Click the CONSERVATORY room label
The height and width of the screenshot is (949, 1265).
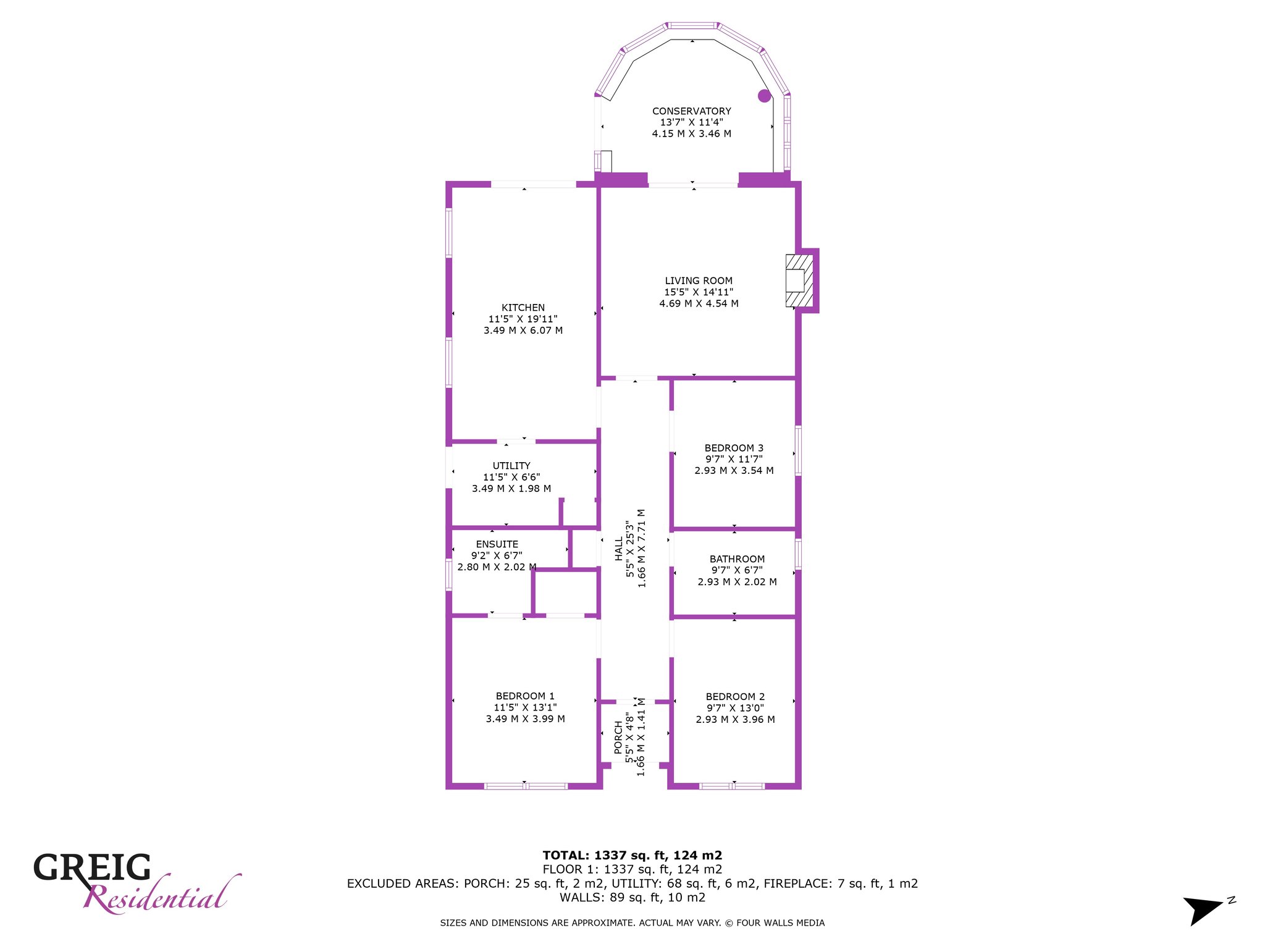click(x=692, y=111)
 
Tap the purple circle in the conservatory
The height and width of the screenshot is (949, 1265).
click(x=765, y=96)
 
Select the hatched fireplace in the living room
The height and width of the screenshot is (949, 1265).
click(x=799, y=280)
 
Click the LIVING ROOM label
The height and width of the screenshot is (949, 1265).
click(x=699, y=280)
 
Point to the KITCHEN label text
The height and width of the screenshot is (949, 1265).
click(x=523, y=308)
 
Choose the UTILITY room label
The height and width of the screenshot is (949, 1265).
click(x=511, y=466)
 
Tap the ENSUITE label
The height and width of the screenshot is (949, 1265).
click(x=497, y=544)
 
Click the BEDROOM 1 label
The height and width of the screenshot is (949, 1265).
click(x=525, y=696)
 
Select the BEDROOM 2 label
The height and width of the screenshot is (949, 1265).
click(x=735, y=697)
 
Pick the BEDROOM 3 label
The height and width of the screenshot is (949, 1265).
click(x=734, y=448)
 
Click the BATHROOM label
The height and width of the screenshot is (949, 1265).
click(x=737, y=559)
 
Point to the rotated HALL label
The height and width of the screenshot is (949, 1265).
click(x=619, y=549)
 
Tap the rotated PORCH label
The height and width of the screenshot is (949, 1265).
click(x=619, y=737)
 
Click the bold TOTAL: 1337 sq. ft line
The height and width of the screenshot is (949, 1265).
click(x=632, y=856)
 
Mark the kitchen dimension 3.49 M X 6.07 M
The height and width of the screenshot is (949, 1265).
click(x=523, y=331)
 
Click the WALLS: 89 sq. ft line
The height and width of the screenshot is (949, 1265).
click(x=632, y=898)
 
